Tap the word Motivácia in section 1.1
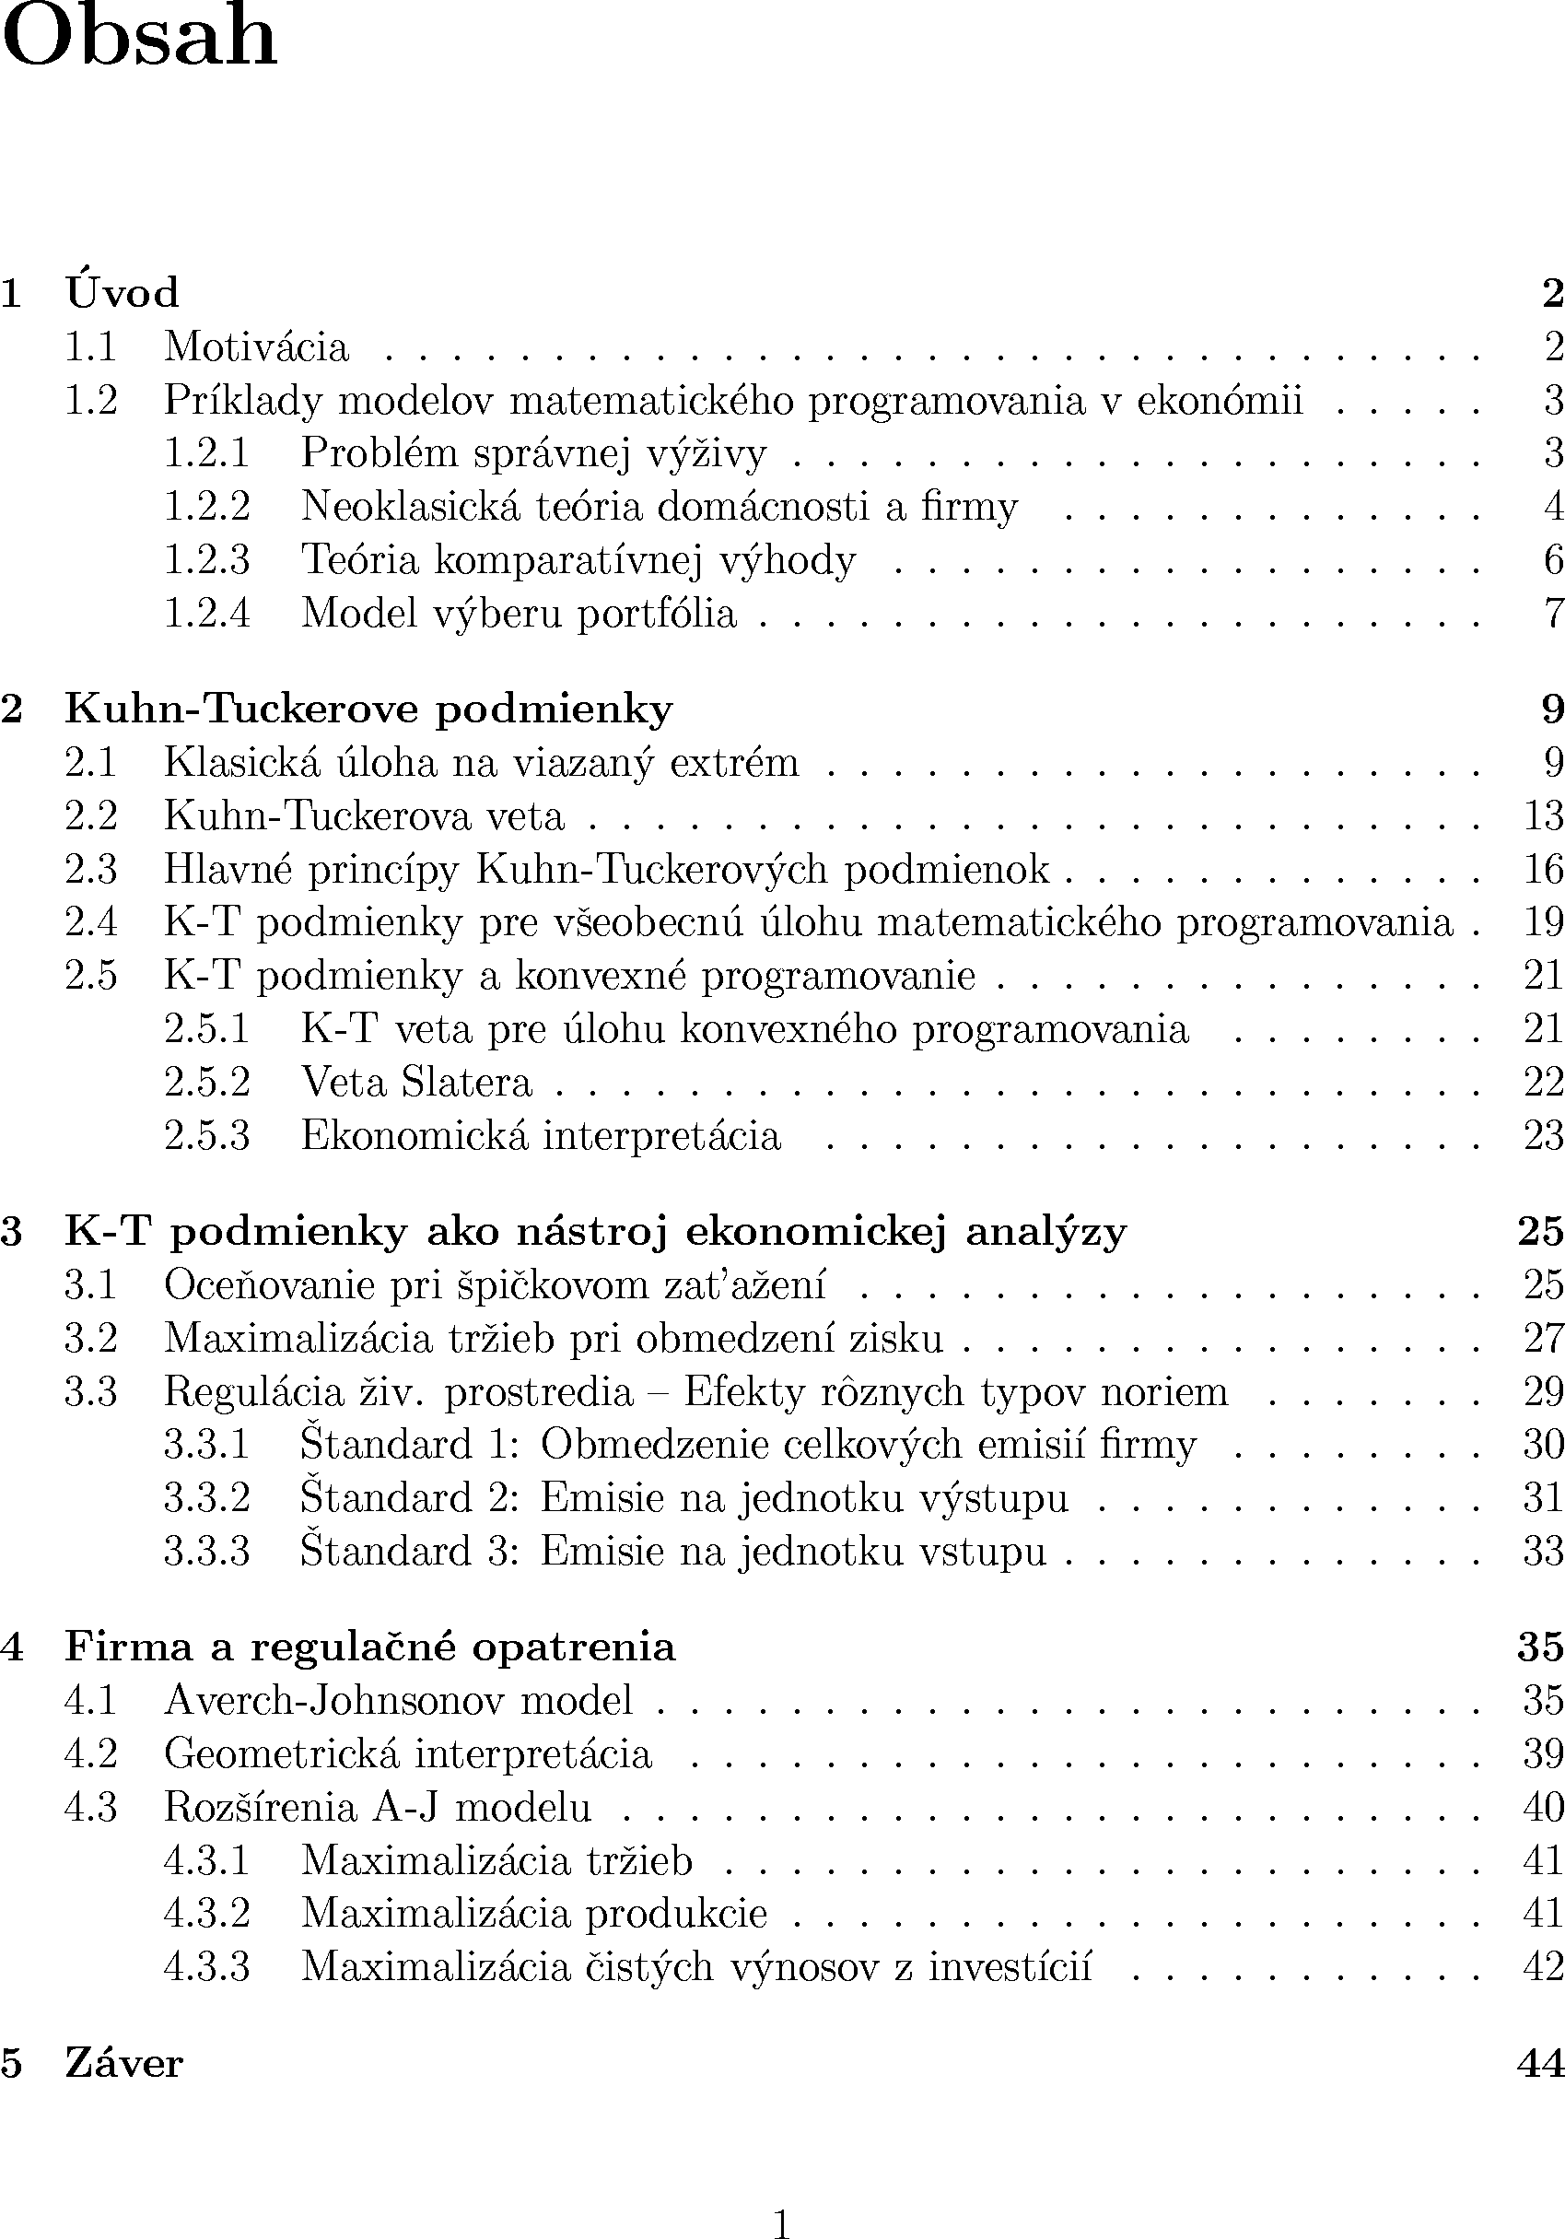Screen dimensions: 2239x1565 [x=255, y=346]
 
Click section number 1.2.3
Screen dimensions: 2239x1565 [x=206, y=560]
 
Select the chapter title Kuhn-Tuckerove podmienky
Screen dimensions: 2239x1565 [x=368, y=709]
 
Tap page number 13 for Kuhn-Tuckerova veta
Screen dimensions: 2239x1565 [x=1543, y=815]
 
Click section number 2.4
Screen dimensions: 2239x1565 [x=90, y=921]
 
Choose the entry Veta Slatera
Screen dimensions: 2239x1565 [x=416, y=1082]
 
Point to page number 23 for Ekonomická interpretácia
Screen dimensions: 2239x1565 [x=1543, y=1135]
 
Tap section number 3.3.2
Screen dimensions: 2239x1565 [x=206, y=1498]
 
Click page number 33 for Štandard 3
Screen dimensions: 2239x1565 [x=1543, y=1551]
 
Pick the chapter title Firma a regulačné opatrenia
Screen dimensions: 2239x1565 [x=369, y=1647]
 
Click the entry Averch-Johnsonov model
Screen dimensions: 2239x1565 [x=398, y=1700]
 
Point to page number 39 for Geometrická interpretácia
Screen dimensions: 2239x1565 [x=1543, y=1753]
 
